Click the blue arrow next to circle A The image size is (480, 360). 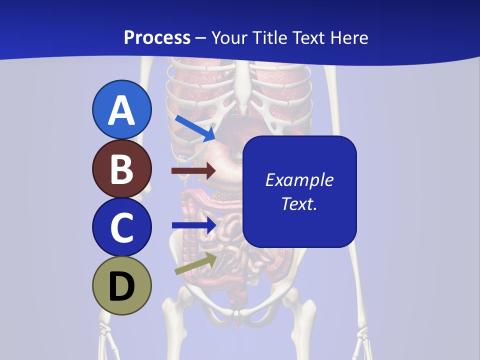(195, 128)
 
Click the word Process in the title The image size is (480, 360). (157, 38)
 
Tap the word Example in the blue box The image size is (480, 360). (299, 180)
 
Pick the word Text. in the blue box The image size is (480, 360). (299, 203)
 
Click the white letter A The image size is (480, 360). (121, 111)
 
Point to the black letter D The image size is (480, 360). (121, 287)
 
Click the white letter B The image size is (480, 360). (121, 169)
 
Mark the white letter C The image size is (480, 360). (121, 227)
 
